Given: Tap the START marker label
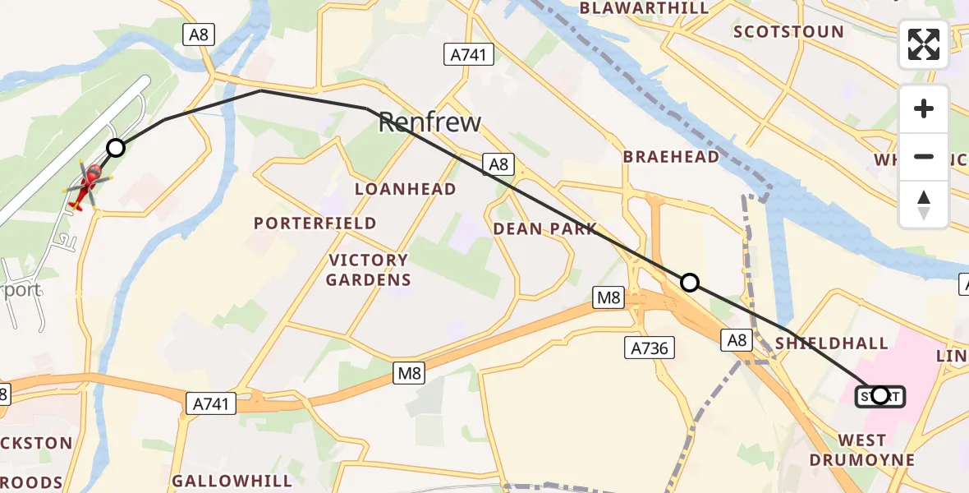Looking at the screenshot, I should [x=880, y=396].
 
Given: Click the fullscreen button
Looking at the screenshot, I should [x=924, y=44].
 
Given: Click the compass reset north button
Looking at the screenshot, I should [x=924, y=205].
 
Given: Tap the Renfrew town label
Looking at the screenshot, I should [x=429, y=123].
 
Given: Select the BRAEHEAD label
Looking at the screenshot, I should [x=671, y=157].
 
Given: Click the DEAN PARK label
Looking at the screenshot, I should [x=544, y=229].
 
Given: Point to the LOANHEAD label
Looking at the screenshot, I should [x=405, y=190].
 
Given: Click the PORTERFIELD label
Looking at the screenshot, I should [x=315, y=223].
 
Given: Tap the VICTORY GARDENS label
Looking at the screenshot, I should [x=368, y=270].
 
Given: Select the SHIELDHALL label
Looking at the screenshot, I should [x=832, y=343].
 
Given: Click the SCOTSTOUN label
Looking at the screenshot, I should [x=788, y=32].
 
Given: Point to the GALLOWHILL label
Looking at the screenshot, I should [x=232, y=480].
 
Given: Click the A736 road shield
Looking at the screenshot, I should [x=649, y=348].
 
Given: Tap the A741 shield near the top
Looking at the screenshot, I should [x=469, y=55].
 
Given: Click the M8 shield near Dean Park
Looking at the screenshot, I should [x=608, y=297].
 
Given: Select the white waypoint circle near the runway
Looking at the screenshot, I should [x=116, y=148].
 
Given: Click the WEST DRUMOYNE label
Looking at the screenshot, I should [x=862, y=450].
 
